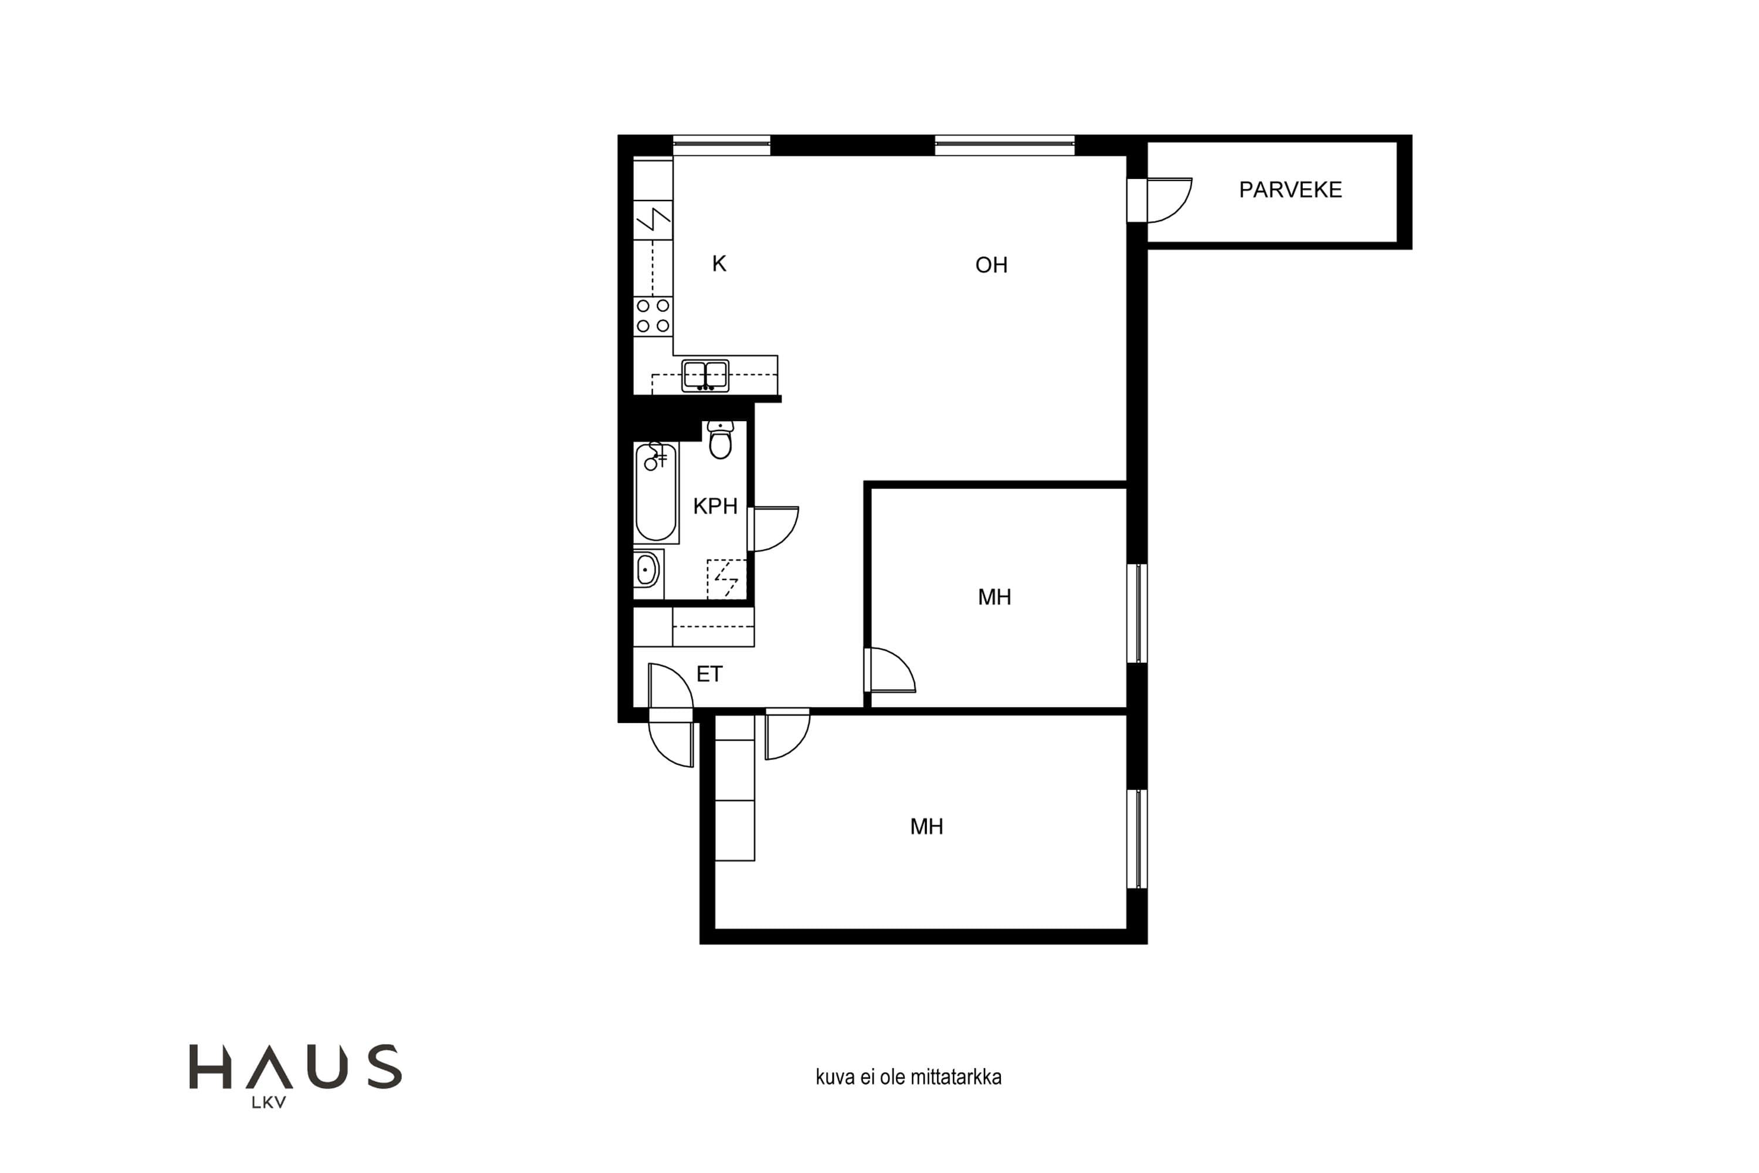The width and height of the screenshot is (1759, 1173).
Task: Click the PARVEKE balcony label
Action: click(1290, 190)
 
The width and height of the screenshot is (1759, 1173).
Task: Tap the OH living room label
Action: click(991, 265)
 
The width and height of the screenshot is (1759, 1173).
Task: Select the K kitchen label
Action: click(719, 263)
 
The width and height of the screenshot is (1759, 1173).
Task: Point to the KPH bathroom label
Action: click(715, 507)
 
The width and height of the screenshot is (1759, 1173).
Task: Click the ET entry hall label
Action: click(709, 674)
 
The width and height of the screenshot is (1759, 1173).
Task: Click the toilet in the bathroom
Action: click(720, 440)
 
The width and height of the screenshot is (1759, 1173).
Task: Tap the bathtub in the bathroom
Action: click(656, 492)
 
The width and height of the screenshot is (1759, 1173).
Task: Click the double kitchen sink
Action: click(705, 375)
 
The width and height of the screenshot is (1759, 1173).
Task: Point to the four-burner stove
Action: click(653, 316)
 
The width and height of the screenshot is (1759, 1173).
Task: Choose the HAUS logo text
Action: click(296, 1066)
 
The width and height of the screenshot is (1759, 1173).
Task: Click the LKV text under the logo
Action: click(269, 1102)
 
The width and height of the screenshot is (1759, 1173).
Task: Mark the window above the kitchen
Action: click(722, 145)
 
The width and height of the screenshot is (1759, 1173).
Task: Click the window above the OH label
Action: click(1004, 145)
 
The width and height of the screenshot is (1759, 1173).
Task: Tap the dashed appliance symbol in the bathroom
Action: click(726, 579)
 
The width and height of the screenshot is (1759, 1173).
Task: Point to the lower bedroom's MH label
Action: click(926, 826)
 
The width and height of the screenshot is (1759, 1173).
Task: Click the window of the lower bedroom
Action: click(1137, 839)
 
